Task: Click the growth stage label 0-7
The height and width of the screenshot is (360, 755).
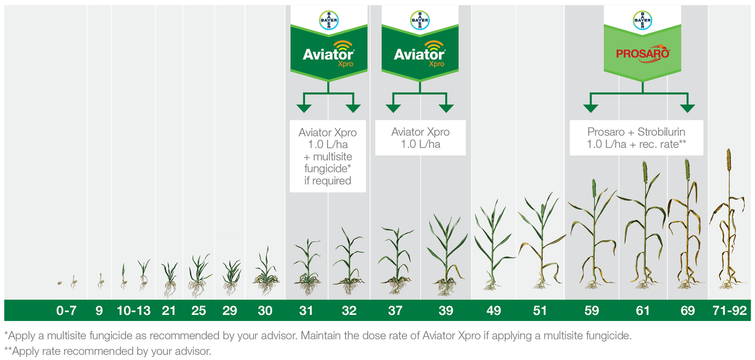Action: point(66,311)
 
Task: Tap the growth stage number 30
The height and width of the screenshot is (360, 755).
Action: point(265,311)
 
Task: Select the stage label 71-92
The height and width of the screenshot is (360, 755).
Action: point(729,311)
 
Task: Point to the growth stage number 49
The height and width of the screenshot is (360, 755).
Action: point(493,311)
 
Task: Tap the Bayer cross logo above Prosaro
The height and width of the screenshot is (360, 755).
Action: point(642,20)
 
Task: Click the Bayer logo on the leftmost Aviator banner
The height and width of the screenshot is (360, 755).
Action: point(329,20)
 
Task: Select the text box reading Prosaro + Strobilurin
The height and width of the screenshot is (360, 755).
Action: point(636,138)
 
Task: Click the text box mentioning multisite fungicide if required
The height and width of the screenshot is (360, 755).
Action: point(328,156)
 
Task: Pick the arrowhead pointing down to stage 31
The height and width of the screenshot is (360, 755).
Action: point(304,108)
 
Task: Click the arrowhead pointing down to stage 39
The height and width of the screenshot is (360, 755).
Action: point(446,108)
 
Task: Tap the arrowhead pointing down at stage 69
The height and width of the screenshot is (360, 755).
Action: point(687,108)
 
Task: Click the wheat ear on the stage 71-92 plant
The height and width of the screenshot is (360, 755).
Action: point(729,160)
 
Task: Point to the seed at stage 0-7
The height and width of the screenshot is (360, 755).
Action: point(60,283)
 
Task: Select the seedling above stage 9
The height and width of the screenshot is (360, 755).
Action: point(100,281)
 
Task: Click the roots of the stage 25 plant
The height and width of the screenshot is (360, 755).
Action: point(197,288)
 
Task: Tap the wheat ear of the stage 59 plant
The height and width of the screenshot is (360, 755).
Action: point(594,188)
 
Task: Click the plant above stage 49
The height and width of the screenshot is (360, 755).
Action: point(493,244)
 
